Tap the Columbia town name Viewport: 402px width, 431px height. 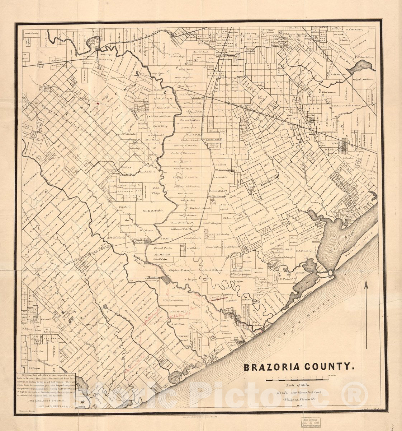(x=141, y=242)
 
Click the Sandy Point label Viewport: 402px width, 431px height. (x=212, y=139)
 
